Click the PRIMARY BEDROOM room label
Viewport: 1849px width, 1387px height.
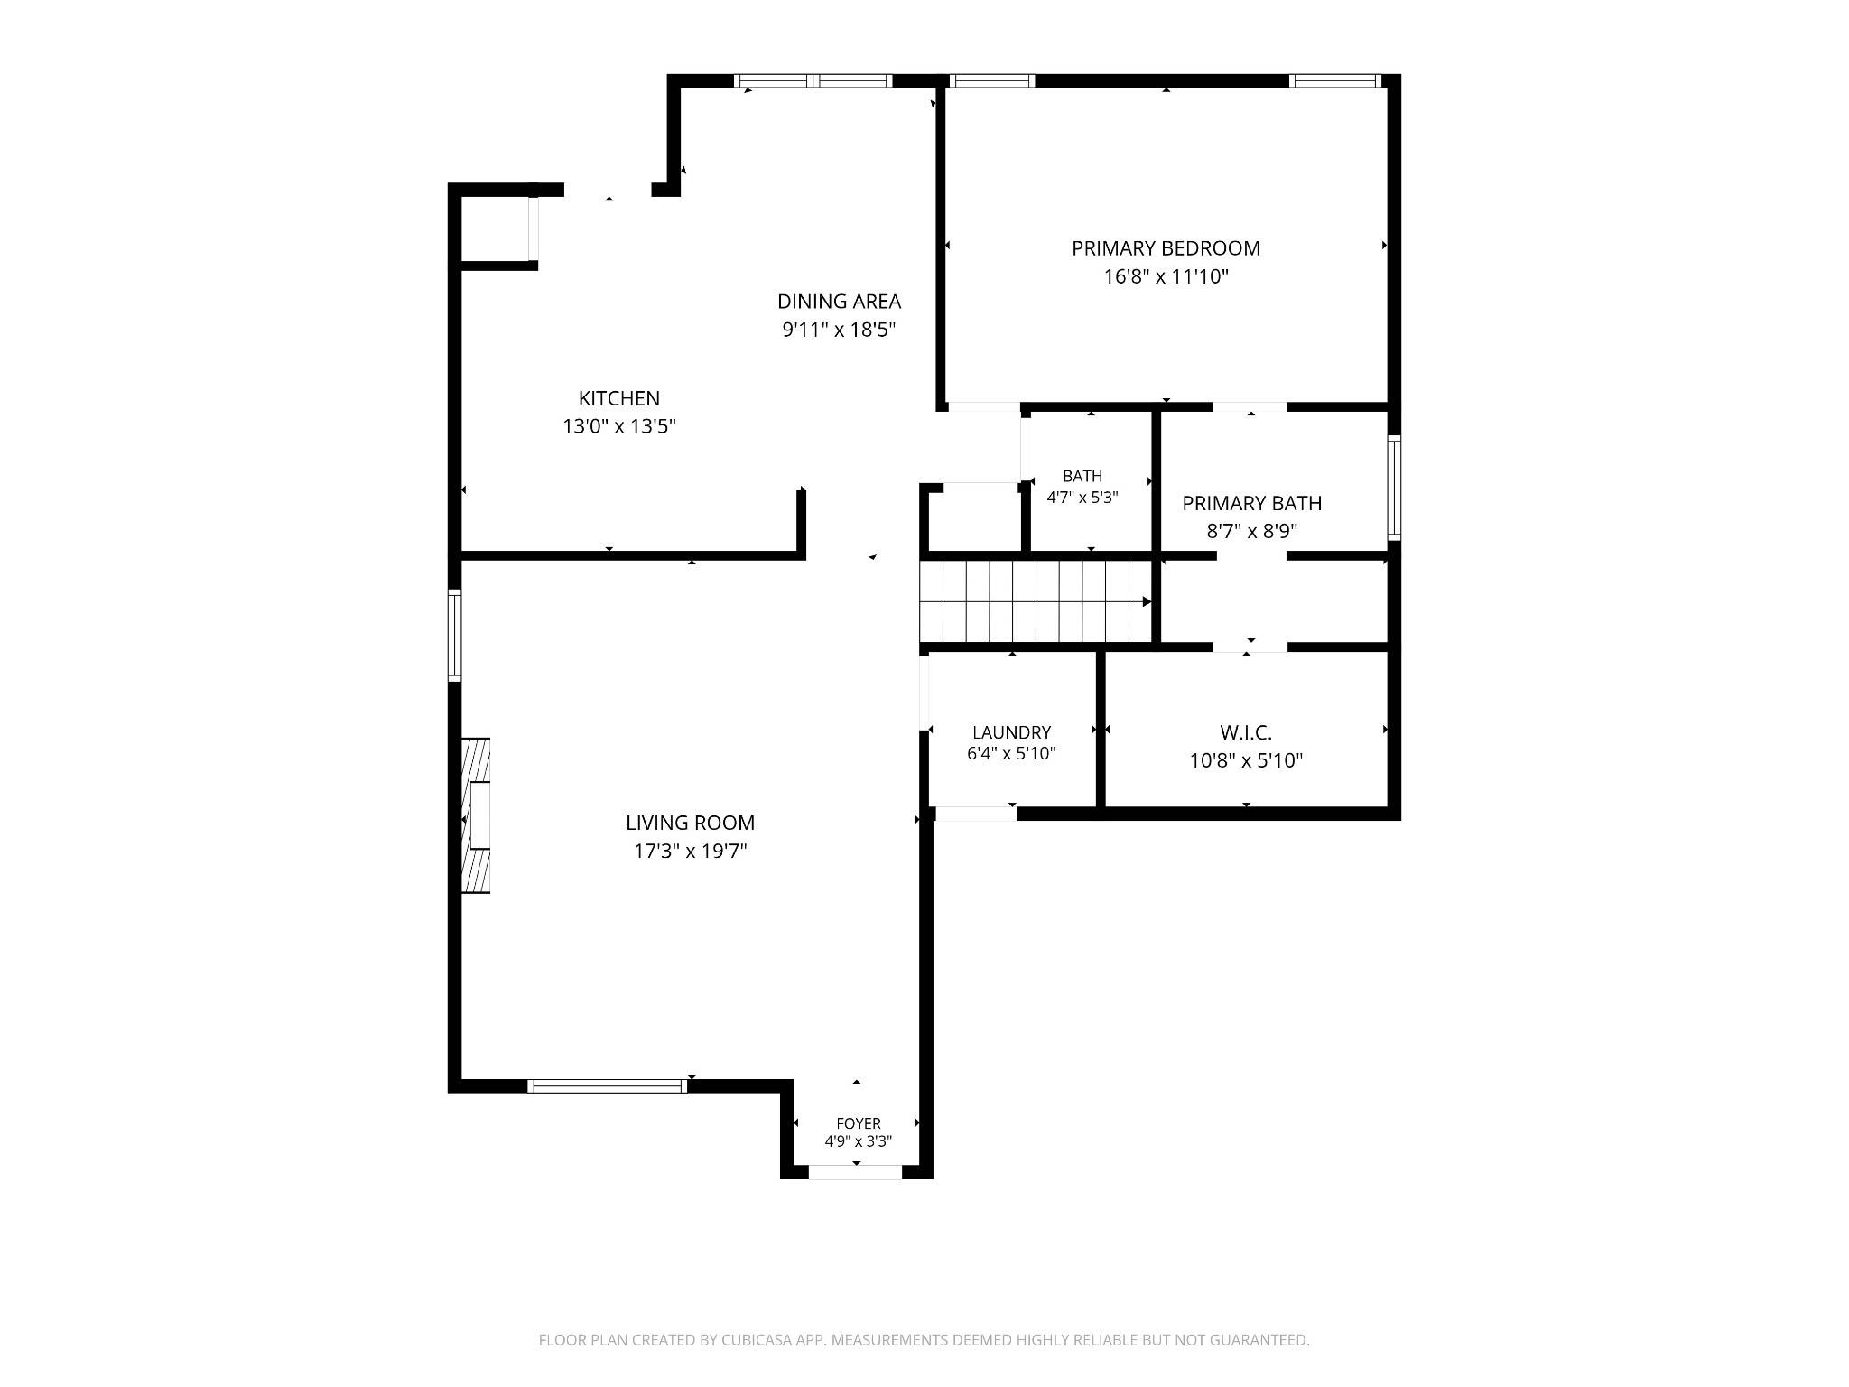pyautogui.click(x=1166, y=248)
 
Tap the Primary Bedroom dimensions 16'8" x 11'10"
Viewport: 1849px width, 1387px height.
pyautogui.click(x=1166, y=276)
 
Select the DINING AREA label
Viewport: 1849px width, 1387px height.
pyautogui.click(x=840, y=302)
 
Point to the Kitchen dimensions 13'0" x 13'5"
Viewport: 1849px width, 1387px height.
pyautogui.click(x=619, y=426)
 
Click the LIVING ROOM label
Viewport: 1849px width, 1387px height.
pyautogui.click(x=691, y=823)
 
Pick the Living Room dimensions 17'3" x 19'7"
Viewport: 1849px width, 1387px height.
pyautogui.click(x=691, y=851)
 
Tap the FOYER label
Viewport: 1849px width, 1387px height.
pyautogui.click(x=859, y=1123)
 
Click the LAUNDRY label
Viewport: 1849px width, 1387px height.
pyautogui.click(x=1011, y=732)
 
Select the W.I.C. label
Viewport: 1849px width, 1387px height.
pyautogui.click(x=1246, y=733)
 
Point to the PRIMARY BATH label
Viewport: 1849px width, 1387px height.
pyautogui.click(x=1252, y=503)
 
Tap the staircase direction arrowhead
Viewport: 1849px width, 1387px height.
pyautogui.click(x=1147, y=601)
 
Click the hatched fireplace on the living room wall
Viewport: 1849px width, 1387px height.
pyautogui.click(x=476, y=816)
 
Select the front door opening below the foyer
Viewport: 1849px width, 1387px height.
pyautogui.click(x=855, y=1172)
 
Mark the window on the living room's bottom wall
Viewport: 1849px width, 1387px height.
pyautogui.click(x=607, y=1085)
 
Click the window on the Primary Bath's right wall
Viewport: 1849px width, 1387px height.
pyautogui.click(x=1394, y=487)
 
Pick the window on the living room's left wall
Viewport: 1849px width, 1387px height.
pyautogui.click(x=455, y=635)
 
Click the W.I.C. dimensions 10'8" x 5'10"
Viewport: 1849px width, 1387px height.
pyautogui.click(x=1246, y=760)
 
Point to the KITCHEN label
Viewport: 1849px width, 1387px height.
pyautogui.click(x=619, y=398)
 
